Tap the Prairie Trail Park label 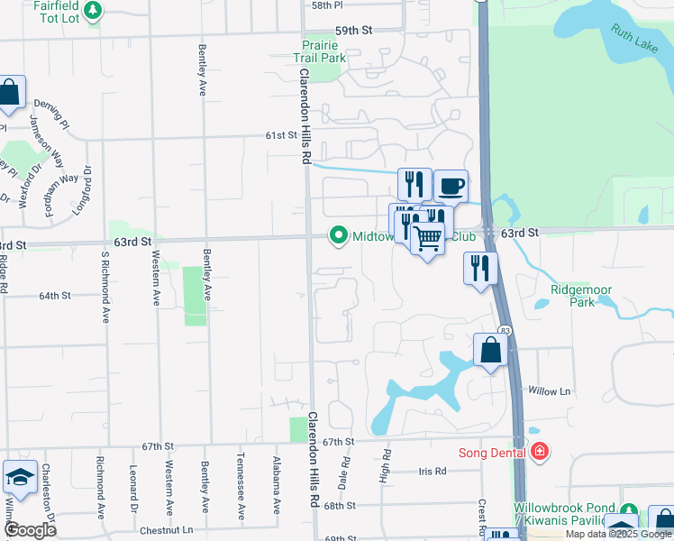322,51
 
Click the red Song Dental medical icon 540,452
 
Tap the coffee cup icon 451,187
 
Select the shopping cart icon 427,239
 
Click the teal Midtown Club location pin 339,236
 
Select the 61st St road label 280,135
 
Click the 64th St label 54,296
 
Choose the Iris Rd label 433,472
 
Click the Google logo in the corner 31,530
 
